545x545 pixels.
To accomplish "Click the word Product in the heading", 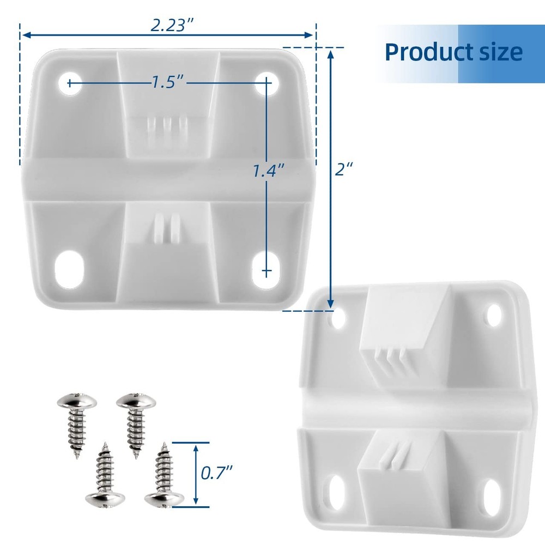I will pyautogui.click(x=421, y=52).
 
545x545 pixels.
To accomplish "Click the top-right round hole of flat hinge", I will pyautogui.click(x=267, y=83).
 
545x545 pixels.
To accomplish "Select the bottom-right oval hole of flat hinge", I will pyautogui.click(x=267, y=269).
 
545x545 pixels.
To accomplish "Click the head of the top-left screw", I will pyautogui.click(x=77, y=404).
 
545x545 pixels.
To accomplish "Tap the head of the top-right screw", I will pyautogui.click(x=136, y=404).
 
